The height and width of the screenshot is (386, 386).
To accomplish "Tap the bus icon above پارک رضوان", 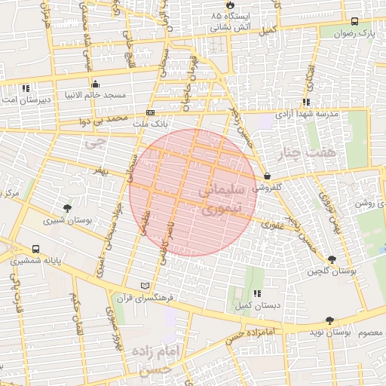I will point(355,22).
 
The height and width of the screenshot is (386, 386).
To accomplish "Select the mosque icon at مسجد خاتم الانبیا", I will point(95,84).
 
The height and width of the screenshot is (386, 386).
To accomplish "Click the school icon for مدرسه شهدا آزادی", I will point(305,103).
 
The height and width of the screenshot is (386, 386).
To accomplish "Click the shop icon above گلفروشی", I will point(267,176).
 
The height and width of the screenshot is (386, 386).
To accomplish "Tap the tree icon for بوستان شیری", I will point(69,208).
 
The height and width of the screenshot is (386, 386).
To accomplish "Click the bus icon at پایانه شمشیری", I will point(36,249).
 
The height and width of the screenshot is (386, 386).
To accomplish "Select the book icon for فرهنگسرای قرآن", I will point(146,286).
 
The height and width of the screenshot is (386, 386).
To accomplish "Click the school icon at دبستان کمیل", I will point(257,293).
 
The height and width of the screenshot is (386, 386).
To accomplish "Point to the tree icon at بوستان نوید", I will point(329,320).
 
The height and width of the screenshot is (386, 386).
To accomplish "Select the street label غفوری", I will point(272,224).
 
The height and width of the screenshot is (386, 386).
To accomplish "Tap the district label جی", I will point(93,142).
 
